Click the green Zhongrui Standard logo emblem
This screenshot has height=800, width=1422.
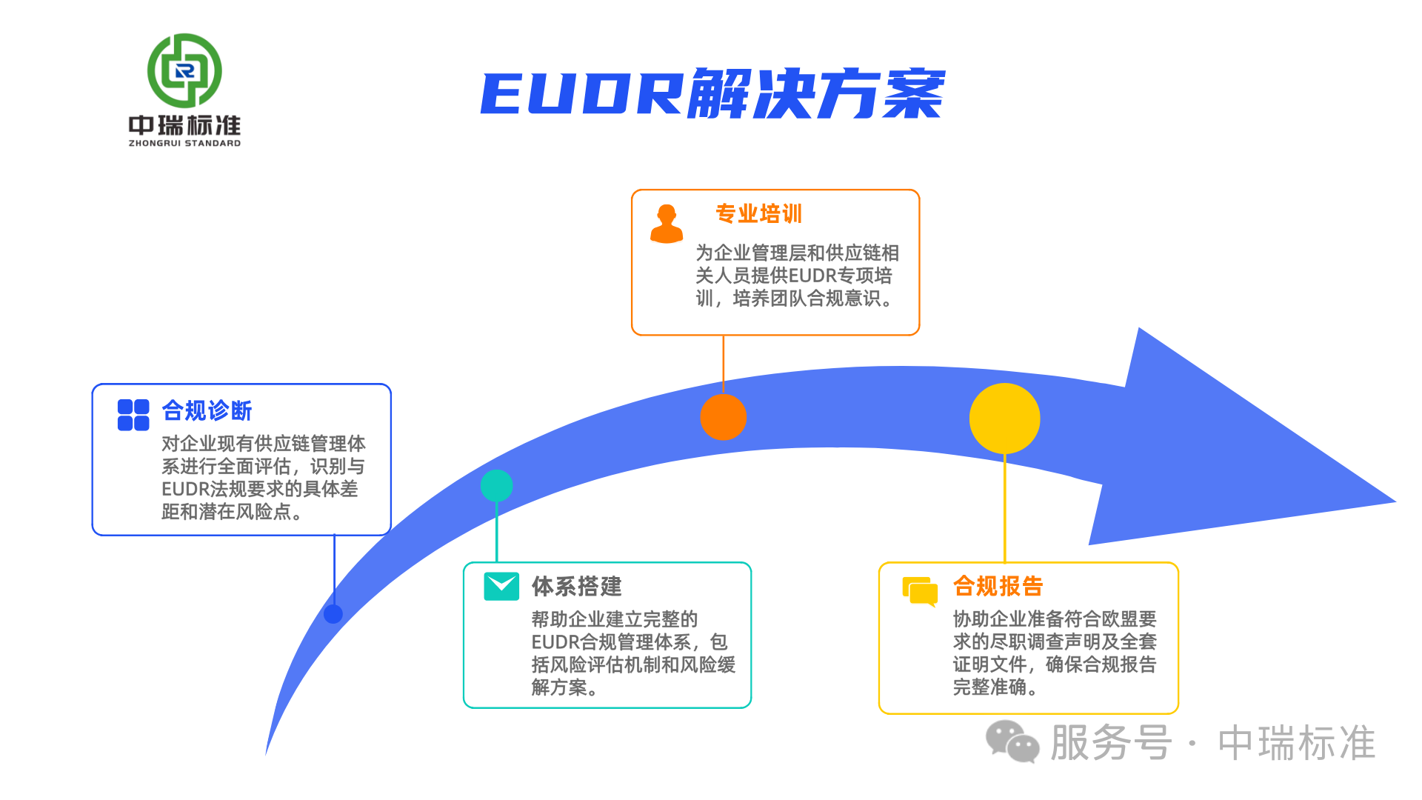pos(184,70)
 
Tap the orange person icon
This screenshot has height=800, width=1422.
pos(667,224)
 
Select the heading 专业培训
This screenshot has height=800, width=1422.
pos(758,214)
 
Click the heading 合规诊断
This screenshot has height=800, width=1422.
pos(207,410)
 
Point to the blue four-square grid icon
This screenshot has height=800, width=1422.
pos(133,415)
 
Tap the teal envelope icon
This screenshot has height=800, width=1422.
pos(501,586)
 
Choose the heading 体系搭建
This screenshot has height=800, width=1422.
pos(576,586)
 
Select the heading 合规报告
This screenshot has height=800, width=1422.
pos(998,586)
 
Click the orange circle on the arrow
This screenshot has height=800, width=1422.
pos(723,417)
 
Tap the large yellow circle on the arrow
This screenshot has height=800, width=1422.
pos(1004,419)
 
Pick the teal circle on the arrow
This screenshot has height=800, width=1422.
pos(496,486)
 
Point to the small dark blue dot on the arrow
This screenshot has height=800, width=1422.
pos(333,613)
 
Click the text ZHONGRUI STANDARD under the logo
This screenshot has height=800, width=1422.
pos(184,143)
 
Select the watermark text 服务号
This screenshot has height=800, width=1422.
pos(1111,742)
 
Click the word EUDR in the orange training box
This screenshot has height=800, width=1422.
pos(812,276)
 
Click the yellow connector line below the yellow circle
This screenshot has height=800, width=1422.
pos(1004,507)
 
